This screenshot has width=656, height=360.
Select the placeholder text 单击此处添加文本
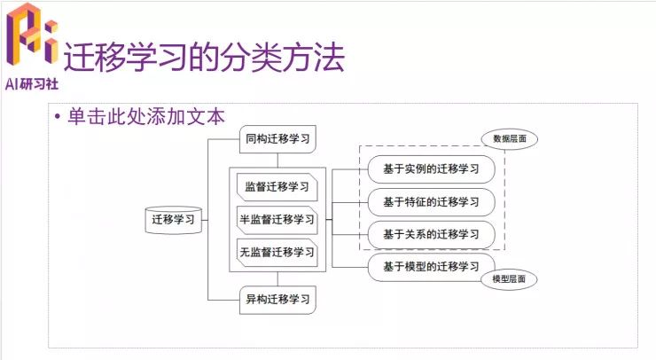coord(146,116)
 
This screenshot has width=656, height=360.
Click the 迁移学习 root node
coord(175,219)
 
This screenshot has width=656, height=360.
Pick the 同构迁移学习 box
coord(278,139)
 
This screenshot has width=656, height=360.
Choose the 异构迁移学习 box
coord(278,298)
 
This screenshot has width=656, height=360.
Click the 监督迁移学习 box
coord(277,187)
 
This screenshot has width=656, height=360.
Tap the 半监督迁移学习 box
coord(277,219)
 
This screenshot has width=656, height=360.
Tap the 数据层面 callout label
coord(510,139)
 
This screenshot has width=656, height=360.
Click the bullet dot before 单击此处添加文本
coord(57,117)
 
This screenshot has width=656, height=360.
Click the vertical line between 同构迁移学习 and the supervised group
coord(278,160)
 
